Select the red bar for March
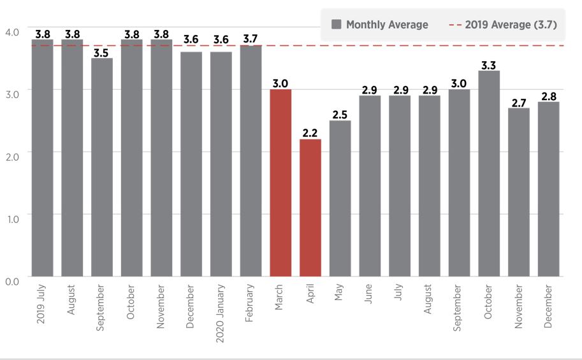point(280,183)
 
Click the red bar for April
point(310,208)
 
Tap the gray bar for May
point(340,198)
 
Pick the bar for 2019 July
point(43,158)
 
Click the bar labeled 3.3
point(489,173)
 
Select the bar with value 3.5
point(102,167)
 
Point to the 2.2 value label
point(310,133)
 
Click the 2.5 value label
point(340,115)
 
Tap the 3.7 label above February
point(251,40)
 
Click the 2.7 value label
point(518,103)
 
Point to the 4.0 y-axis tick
point(12,32)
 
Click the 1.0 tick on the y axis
point(12,219)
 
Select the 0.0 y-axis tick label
point(12,281)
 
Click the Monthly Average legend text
point(387,25)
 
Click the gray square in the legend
point(337,25)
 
